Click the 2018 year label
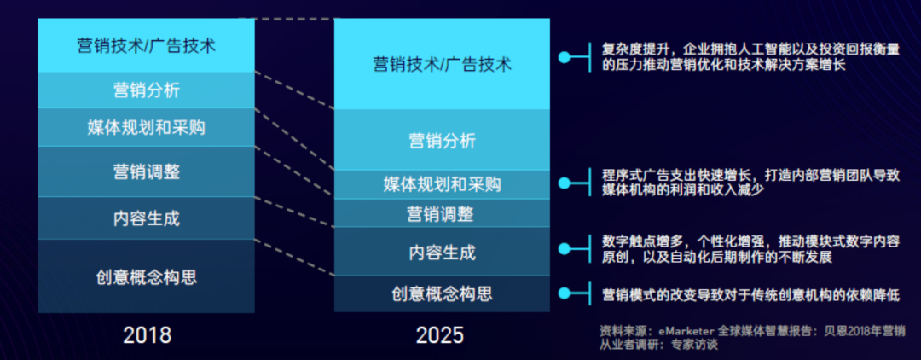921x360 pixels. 147,334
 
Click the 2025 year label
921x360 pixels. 440,334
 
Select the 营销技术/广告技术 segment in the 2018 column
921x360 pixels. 147,45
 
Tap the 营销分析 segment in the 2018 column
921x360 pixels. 147,90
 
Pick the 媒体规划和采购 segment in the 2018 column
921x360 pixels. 147,127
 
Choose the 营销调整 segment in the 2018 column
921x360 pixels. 147,171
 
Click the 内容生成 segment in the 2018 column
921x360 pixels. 147,218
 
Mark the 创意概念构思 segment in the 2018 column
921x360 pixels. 147,276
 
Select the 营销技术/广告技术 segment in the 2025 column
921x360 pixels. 443,64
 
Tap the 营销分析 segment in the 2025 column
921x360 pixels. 443,140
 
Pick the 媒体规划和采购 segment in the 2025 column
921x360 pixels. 443,185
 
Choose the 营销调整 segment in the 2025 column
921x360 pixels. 443,214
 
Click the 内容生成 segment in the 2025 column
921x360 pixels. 443,252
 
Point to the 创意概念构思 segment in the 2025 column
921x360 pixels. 443,293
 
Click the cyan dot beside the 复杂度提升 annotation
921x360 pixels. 564,57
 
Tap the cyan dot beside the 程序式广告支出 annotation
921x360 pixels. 564,183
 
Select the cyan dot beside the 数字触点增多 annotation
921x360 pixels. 564,249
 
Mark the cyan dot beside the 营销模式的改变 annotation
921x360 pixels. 564,293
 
